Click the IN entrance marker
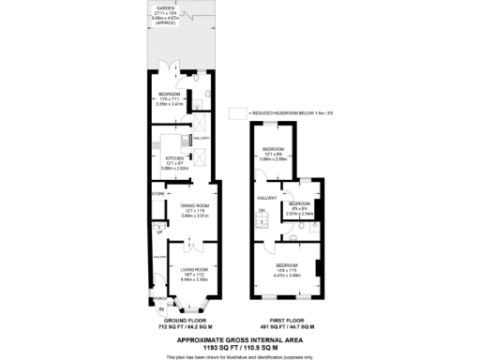161,309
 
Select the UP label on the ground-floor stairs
160,232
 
